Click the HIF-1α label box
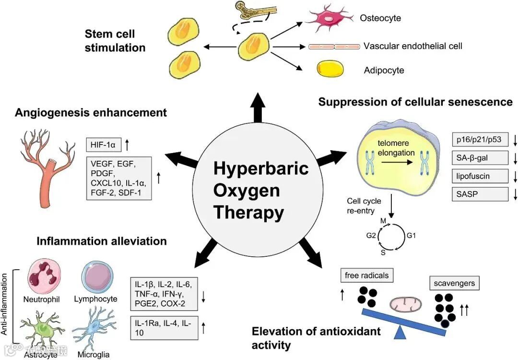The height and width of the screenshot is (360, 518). (x=104, y=144)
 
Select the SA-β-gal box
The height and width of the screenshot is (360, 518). (x=480, y=157)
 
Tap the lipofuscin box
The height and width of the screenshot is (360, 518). (x=480, y=176)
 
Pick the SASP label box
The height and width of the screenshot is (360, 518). (x=480, y=194)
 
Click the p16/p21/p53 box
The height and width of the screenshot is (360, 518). (x=480, y=139)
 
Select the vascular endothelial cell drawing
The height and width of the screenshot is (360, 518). (x=333, y=47)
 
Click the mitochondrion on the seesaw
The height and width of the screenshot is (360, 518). (x=406, y=304)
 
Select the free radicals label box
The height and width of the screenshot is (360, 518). (x=366, y=276)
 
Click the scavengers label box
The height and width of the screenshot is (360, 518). (x=454, y=283)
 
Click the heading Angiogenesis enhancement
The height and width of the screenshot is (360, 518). (x=91, y=112)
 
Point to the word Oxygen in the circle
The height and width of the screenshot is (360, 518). (x=247, y=190)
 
